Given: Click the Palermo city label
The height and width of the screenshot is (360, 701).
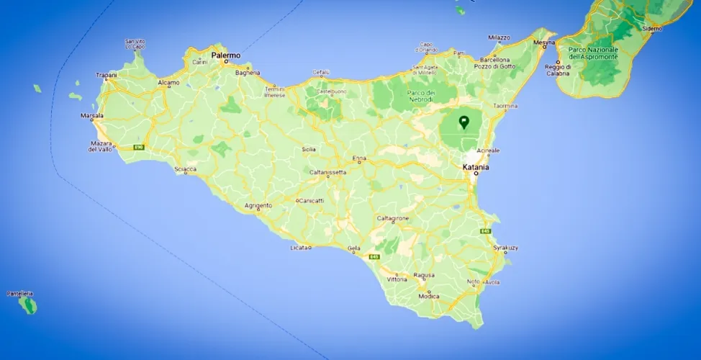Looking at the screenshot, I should [x=226, y=55].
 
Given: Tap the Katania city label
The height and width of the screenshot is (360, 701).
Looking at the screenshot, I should [x=476, y=167].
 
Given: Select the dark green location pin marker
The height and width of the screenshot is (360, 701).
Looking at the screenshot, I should [x=464, y=122].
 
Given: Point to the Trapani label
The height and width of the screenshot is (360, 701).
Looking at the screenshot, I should [x=107, y=75].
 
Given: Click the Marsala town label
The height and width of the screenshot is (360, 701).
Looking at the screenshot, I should [x=91, y=115].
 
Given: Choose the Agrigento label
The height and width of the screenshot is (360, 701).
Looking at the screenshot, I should [x=258, y=205].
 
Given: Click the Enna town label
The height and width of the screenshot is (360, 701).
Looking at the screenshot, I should [x=359, y=158].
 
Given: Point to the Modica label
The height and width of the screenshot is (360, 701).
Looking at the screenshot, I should [x=428, y=297].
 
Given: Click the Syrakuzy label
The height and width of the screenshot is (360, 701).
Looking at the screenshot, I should [x=505, y=248].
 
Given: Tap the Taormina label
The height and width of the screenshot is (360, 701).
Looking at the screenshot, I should [x=505, y=106].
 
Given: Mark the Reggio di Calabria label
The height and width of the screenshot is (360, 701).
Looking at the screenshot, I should [x=558, y=70].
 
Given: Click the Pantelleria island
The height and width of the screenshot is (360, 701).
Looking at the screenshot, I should [x=29, y=305].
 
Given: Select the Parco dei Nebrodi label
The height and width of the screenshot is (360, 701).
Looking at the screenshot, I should [x=422, y=96].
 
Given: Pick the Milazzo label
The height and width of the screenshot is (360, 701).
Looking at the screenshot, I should [x=499, y=37].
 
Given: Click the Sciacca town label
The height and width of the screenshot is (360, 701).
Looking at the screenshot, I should [x=186, y=170].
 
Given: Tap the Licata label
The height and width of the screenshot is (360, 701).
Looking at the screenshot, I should [x=298, y=248].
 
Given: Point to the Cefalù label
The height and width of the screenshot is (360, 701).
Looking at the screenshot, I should [x=320, y=72].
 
